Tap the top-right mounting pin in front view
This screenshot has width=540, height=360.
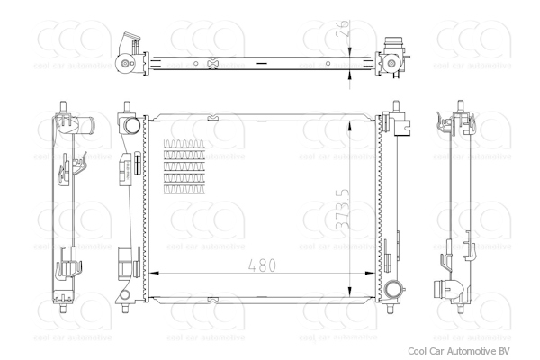393,105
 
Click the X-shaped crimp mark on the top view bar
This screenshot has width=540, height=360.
212,63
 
